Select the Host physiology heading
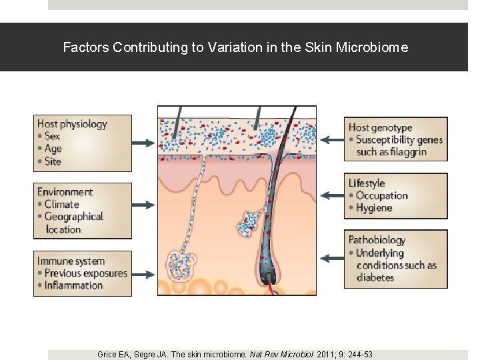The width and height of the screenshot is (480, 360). (72, 124)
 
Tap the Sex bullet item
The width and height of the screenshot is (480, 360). (52, 136)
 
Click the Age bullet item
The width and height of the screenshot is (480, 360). (53, 149)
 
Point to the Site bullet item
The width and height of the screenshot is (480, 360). (52, 161)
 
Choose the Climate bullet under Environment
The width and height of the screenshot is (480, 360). (61, 204)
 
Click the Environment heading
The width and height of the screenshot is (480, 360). (65, 192)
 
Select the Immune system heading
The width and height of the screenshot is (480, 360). (71, 261)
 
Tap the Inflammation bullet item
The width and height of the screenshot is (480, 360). (73, 285)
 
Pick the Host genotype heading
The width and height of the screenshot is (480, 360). (380, 127)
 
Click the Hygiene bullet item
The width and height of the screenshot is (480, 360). (374, 208)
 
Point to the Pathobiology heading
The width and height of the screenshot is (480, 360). (377, 240)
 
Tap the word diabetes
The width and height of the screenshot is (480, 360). (375, 277)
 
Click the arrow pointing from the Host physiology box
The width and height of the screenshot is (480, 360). (144, 143)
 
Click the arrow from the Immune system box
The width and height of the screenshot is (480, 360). (144, 273)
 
